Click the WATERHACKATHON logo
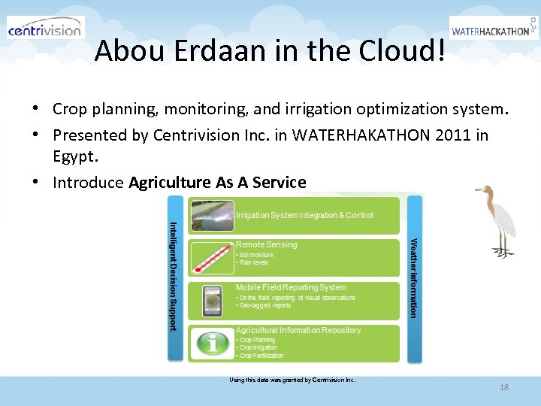[x=493, y=30]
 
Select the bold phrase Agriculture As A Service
[x=217, y=182]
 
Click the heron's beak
[x=479, y=189]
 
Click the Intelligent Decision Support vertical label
[x=173, y=276]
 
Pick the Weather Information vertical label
[x=412, y=277]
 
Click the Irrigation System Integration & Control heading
[x=304, y=215]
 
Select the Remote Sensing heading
[x=266, y=244]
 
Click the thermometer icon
[x=213, y=258]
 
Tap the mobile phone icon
[x=213, y=301]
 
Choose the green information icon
[x=213, y=344]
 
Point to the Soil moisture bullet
[x=256, y=255]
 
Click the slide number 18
[x=503, y=387]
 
